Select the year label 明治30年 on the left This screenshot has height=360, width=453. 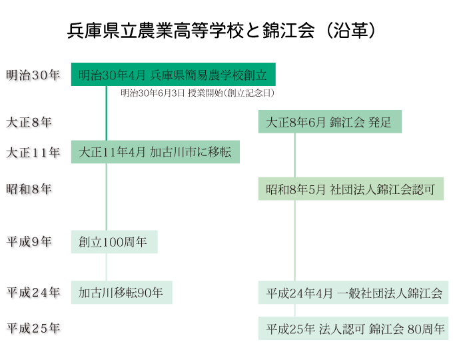pyautogui.click(x=33, y=75)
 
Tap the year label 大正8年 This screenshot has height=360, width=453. pyautogui.click(x=29, y=122)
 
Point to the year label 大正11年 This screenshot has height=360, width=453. pyautogui.click(x=33, y=152)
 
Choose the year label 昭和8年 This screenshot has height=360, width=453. pyautogui.click(x=29, y=189)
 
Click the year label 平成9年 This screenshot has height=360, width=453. pyautogui.click(x=29, y=241)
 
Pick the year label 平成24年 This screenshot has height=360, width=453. pyautogui.click(x=33, y=292)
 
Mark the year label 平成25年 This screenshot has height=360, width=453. pyautogui.click(x=33, y=328)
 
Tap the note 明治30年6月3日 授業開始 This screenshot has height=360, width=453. pyautogui.click(x=197, y=93)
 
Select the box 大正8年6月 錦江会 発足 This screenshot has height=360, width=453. pyautogui.click(x=330, y=122)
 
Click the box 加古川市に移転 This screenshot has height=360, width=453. pyautogui.click(x=155, y=152)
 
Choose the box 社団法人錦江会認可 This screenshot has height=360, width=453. pyautogui.click(x=350, y=189)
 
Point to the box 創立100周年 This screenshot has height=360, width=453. pyautogui.click(x=114, y=242)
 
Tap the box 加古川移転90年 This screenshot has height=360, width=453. pyautogui.click(x=121, y=293)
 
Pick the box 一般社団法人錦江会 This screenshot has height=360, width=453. pyautogui.click(x=353, y=293)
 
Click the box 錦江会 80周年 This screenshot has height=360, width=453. pyautogui.click(x=353, y=329)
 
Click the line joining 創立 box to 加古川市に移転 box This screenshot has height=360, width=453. pyautogui.click(x=107, y=113)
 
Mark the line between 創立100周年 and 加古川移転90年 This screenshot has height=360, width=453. pyautogui.click(x=107, y=267)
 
